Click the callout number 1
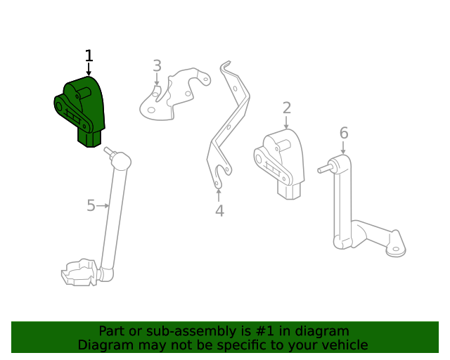(89, 56)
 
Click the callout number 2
(286, 108)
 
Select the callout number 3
(157, 66)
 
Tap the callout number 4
(219, 210)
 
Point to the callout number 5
(91, 205)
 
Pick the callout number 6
(343, 132)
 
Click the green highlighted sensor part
(81, 109)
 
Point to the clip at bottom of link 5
(79, 272)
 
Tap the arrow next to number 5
(103, 205)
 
